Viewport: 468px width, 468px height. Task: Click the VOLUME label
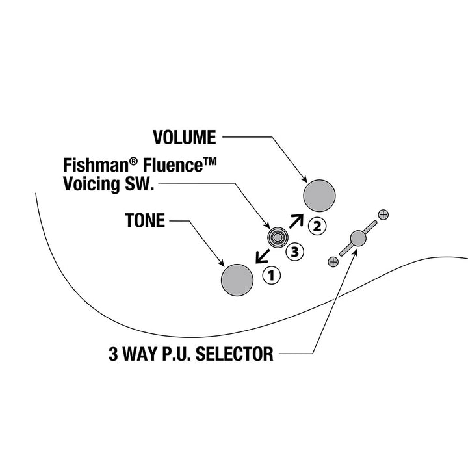pos(185,137)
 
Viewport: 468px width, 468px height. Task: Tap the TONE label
pos(145,220)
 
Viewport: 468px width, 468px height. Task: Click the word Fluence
pos(172,165)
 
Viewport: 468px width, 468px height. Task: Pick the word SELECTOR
pos(234,354)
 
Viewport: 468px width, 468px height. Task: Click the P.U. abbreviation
pos(177,354)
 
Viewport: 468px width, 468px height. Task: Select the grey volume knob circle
pos(319,196)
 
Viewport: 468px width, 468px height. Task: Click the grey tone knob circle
pos(237,280)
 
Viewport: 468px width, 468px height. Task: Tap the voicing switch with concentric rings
pos(278,238)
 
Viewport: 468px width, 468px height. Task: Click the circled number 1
pos(271,275)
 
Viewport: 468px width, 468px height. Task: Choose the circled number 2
pos(317,226)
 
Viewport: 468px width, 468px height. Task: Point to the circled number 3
pos(294,252)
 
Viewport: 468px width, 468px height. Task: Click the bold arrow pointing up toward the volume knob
pos(296,221)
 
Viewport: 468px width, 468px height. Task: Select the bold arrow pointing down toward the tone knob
pos(263,257)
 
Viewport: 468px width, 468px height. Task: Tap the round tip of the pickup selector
pos(358,238)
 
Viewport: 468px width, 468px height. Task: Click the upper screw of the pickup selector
pos(383,214)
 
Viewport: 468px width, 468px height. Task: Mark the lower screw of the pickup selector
pos(333,262)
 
